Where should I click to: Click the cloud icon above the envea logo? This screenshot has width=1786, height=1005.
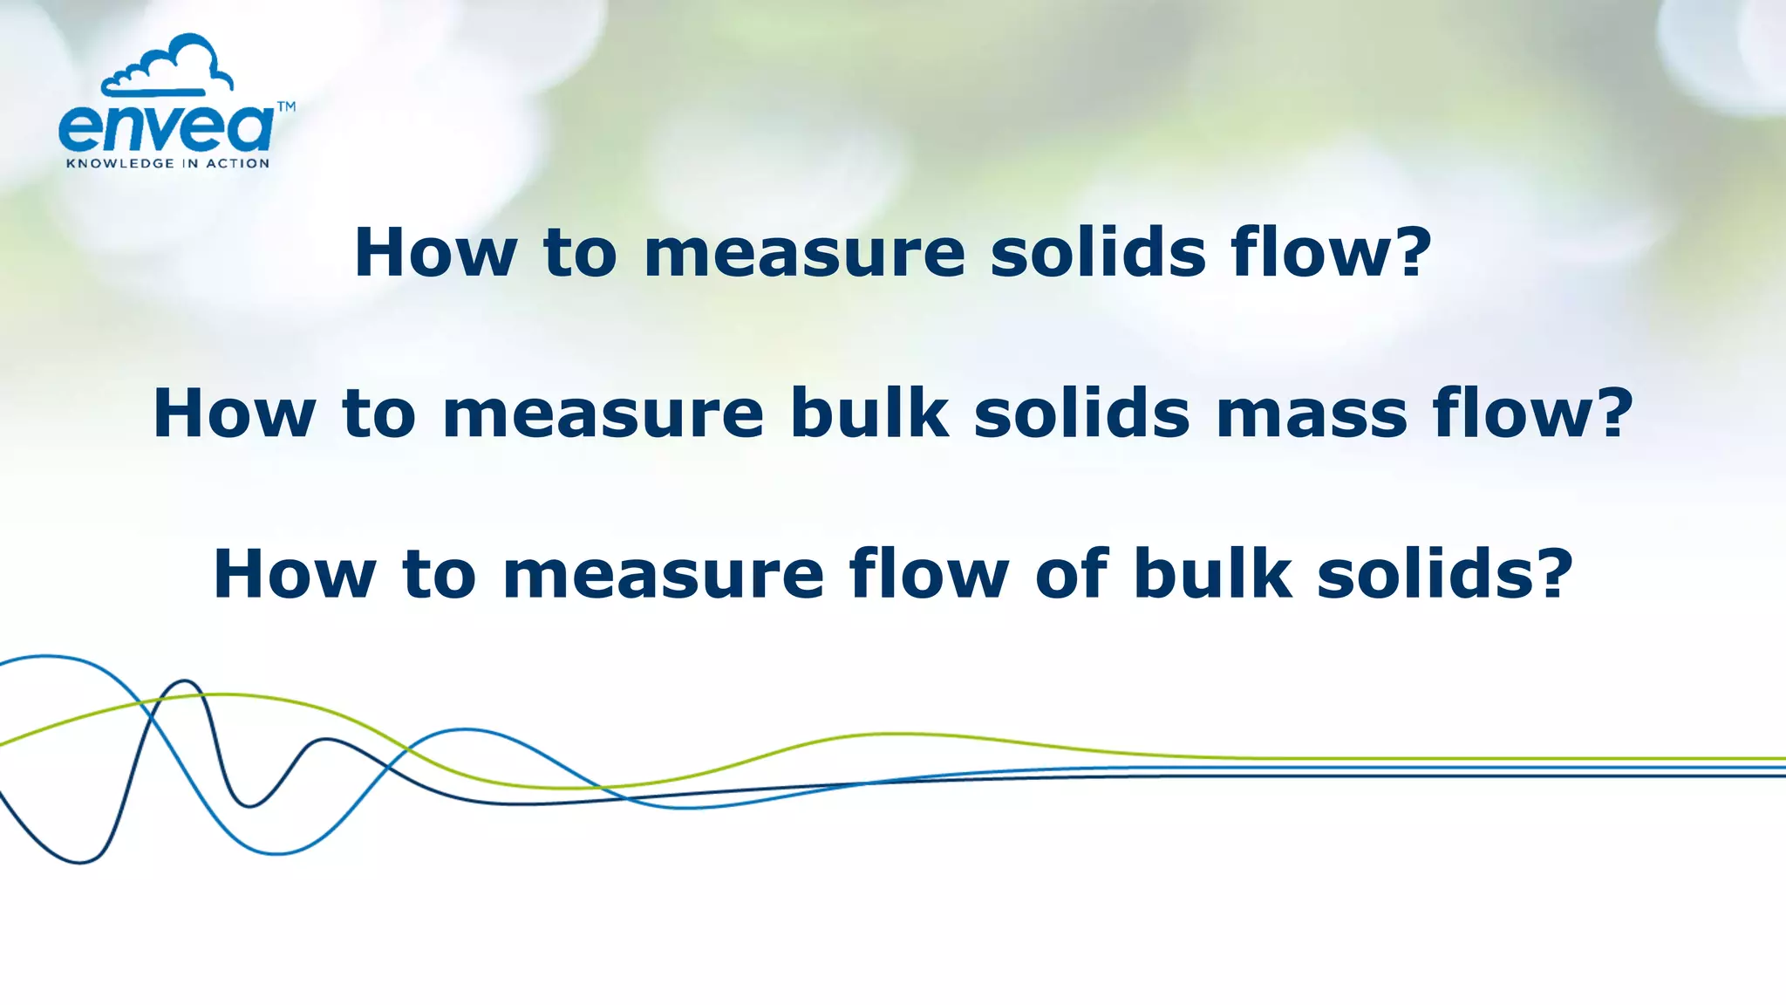(x=167, y=66)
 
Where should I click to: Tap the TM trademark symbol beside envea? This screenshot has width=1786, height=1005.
(x=286, y=107)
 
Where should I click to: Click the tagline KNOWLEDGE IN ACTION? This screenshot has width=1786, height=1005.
(x=168, y=163)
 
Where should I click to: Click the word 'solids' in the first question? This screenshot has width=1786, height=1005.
(x=1098, y=253)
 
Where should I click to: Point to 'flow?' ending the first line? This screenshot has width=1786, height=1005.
(x=1332, y=253)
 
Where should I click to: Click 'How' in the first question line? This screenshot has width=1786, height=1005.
(x=435, y=253)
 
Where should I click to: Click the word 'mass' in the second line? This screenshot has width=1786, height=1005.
(x=1312, y=414)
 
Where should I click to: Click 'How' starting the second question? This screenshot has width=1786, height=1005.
(x=234, y=414)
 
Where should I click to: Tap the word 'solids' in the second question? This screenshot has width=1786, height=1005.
(x=1082, y=414)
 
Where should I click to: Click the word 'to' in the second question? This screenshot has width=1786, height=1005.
(x=379, y=414)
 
